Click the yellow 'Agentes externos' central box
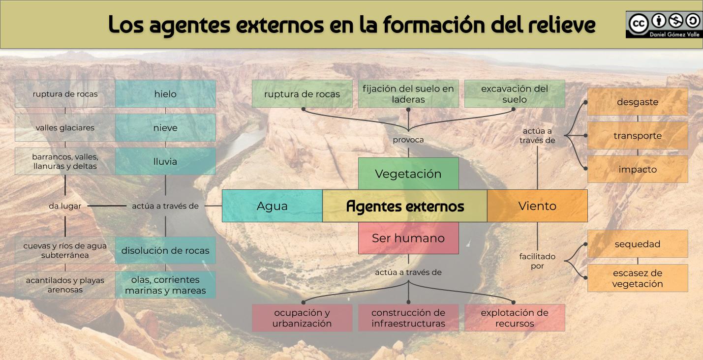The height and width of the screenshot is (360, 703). (x=405, y=206)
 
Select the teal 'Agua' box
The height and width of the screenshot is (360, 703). (x=272, y=206)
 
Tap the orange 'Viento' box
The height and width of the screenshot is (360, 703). (x=537, y=206)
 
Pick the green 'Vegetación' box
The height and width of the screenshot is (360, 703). (x=408, y=174)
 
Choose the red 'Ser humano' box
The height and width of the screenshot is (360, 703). (x=408, y=238)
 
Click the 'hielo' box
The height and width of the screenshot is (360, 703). (x=165, y=94)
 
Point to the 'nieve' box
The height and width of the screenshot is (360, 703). (x=165, y=128)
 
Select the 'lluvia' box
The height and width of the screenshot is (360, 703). (x=165, y=161)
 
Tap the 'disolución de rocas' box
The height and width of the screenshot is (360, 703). (x=165, y=250)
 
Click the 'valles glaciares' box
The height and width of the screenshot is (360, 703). (x=65, y=128)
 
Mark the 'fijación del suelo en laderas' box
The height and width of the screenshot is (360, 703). (x=408, y=94)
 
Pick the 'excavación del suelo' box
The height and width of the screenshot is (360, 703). (x=515, y=94)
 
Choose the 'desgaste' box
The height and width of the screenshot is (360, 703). (x=638, y=102)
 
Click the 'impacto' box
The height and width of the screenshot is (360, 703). (x=638, y=169)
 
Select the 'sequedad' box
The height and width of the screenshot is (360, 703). (x=638, y=244)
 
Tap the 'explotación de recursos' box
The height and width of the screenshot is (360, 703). (x=515, y=318)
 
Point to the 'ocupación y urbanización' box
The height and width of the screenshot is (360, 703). (x=302, y=318)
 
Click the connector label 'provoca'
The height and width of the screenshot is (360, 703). (x=408, y=140)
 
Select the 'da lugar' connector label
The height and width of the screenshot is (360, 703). (x=65, y=206)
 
